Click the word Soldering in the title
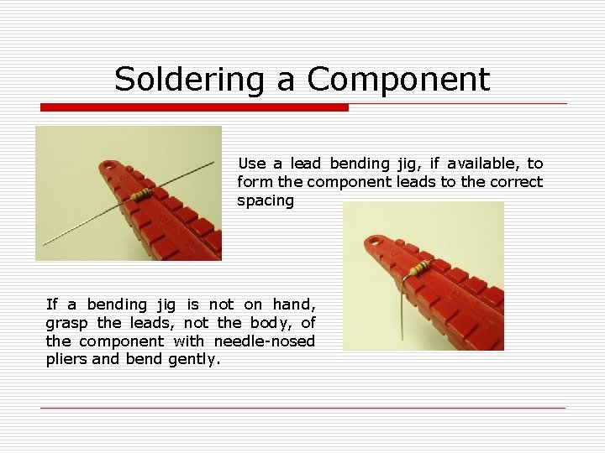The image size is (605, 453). pyautogui.click(x=189, y=80)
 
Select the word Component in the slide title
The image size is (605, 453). pyautogui.click(x=398, y=80)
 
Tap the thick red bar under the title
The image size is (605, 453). pyautogui.click(x=194, y=107)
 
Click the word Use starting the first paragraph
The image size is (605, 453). pyautogui.click(x=251, y=164)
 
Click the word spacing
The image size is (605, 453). pyautogui.click(x=266, y=201)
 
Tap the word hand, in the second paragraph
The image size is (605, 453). pyautogui.click(x=294, y=305)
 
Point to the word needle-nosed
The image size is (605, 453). pyautogui.click(x=265, y=341)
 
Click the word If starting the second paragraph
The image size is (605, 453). pyautogui.click(x=51, y=305)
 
